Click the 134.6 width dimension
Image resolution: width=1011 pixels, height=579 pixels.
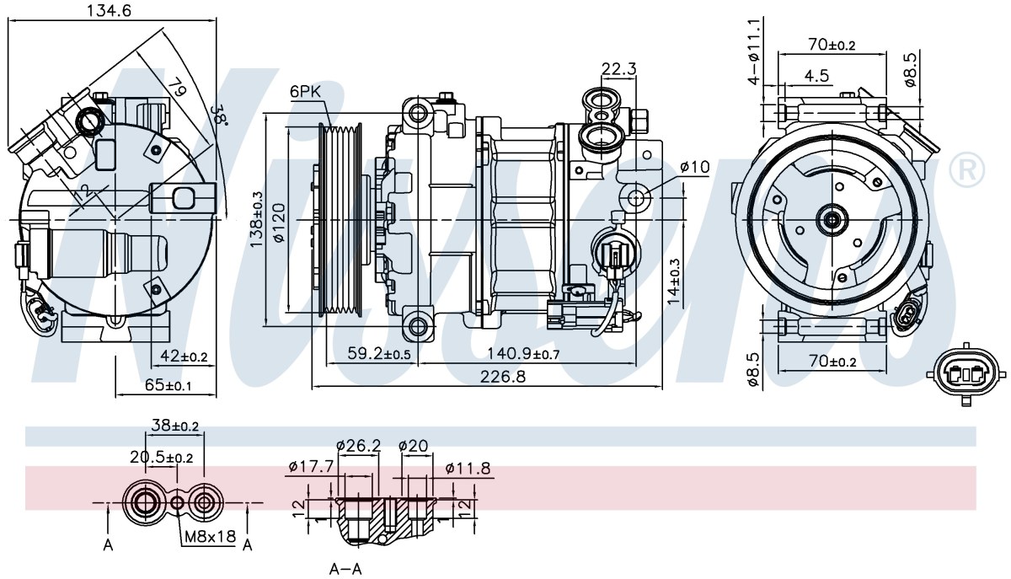pos(110,10)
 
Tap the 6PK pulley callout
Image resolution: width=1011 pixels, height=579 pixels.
pos(305,92)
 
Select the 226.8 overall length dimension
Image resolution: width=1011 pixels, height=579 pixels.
pos(503,376)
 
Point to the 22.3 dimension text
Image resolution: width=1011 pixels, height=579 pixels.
pos(618,68)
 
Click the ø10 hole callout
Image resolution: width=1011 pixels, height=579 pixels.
pos(694,168)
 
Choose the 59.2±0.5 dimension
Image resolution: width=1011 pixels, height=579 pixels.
pos(379,354)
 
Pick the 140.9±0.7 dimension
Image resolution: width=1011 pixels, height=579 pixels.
pos(523,354)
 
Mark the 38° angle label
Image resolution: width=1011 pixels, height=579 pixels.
pos(219,115)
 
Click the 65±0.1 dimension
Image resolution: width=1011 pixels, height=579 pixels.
pos(168,385)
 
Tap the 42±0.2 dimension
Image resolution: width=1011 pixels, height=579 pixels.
pos(184,357)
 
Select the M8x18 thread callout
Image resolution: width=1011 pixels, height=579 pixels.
pos(211,536)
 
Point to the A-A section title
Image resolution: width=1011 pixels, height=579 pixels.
pos(345,569)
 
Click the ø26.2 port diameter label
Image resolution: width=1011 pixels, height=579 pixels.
pos(359,446)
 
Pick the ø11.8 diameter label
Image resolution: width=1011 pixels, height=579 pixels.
pos(468,469)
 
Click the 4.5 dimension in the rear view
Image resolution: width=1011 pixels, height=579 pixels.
pos(816,76)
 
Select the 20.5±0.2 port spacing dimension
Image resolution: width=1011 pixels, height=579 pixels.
pos(162,458)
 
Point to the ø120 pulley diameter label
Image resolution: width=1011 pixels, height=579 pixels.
pos(279,223)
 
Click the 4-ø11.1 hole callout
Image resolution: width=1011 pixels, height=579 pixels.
pos(754,51)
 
